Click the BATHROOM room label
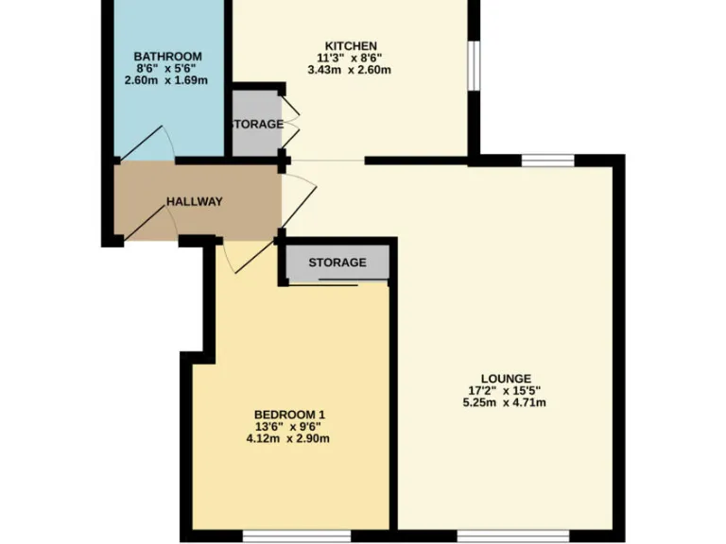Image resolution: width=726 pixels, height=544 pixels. (168, 57)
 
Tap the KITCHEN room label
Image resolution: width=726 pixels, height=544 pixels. (352, 45)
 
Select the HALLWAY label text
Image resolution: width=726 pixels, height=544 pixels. (195, 201)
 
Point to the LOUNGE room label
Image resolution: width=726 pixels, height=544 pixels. (506, 378)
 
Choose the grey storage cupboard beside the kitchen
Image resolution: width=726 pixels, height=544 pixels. (254, 124)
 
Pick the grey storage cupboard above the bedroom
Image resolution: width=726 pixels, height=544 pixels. (337, 263)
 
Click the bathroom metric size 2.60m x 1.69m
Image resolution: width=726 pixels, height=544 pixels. (168, 81)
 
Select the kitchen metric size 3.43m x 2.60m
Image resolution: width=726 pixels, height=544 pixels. (352, 70)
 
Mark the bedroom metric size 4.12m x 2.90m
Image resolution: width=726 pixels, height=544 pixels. (290, 438)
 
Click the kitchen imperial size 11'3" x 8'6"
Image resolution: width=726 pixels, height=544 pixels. (352, 58)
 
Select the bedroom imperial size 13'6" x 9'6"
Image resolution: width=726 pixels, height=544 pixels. (290, 426)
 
